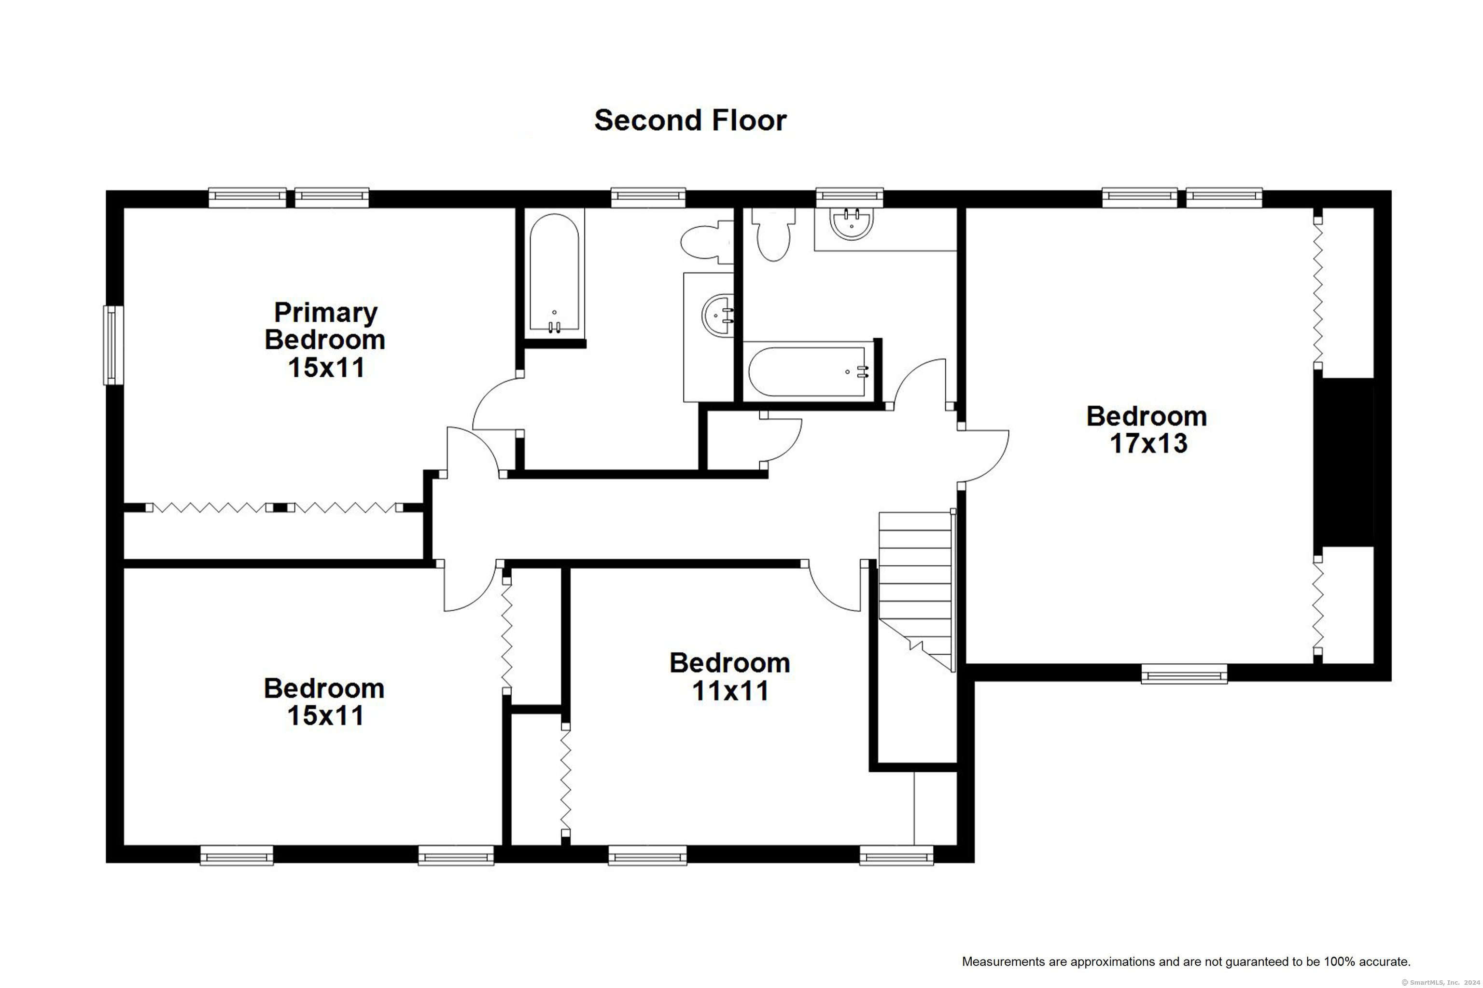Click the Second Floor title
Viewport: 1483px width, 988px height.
[690, 120]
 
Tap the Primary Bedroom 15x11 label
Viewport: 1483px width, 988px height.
[325, 340]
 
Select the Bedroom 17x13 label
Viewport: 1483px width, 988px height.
[1147, 430]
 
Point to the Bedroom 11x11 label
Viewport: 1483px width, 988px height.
[729, 677]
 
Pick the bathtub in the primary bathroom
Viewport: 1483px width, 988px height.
[554, 273]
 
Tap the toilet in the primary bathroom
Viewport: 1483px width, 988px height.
[707, 243]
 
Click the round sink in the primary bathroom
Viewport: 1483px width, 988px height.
[717, 315]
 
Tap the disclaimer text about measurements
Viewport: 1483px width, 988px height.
[1186, 961]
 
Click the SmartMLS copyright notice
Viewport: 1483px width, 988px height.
[1440, 982]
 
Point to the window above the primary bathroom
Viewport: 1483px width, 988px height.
[648, 197]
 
